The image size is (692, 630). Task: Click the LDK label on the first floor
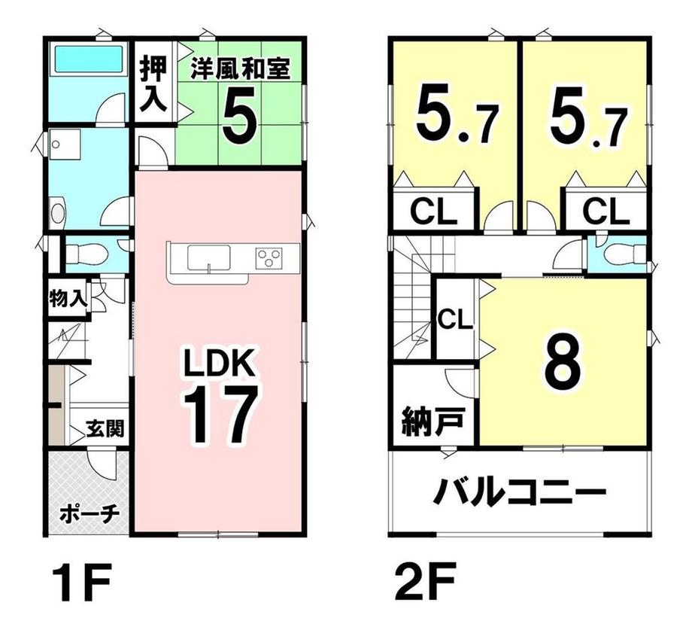[220, 363]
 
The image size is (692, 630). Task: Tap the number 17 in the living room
[220, 414]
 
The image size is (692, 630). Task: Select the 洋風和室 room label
[241, 70]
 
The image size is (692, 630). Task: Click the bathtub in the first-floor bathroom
[88, 59]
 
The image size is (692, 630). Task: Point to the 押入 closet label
[153, 85]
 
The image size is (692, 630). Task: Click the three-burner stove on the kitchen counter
[269, 258]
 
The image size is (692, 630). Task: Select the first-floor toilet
[87, 254]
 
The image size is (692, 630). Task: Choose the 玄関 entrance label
[105, 428]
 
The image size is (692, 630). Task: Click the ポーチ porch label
[90, 513]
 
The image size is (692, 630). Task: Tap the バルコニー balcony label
[519, 493]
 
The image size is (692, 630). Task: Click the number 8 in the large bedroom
[562, 361]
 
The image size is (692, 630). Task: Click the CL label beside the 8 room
[455, 319]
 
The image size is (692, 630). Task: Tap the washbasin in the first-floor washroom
[57, 213]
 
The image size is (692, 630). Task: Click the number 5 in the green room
[239, 114]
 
